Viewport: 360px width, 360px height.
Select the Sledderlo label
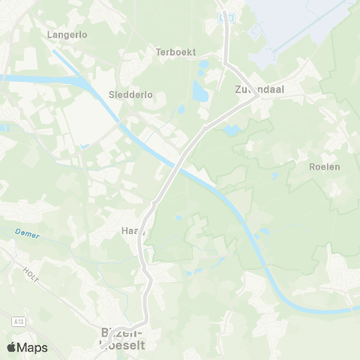click(x=130, y=95)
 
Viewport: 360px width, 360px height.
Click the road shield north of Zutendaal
click(x=229, y=16)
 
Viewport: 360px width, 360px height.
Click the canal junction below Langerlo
click(x=97, y=97)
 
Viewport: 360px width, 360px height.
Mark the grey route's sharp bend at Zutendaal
click(x=256, y=96)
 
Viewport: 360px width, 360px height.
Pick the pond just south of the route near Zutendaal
click(x=232, y=130)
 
